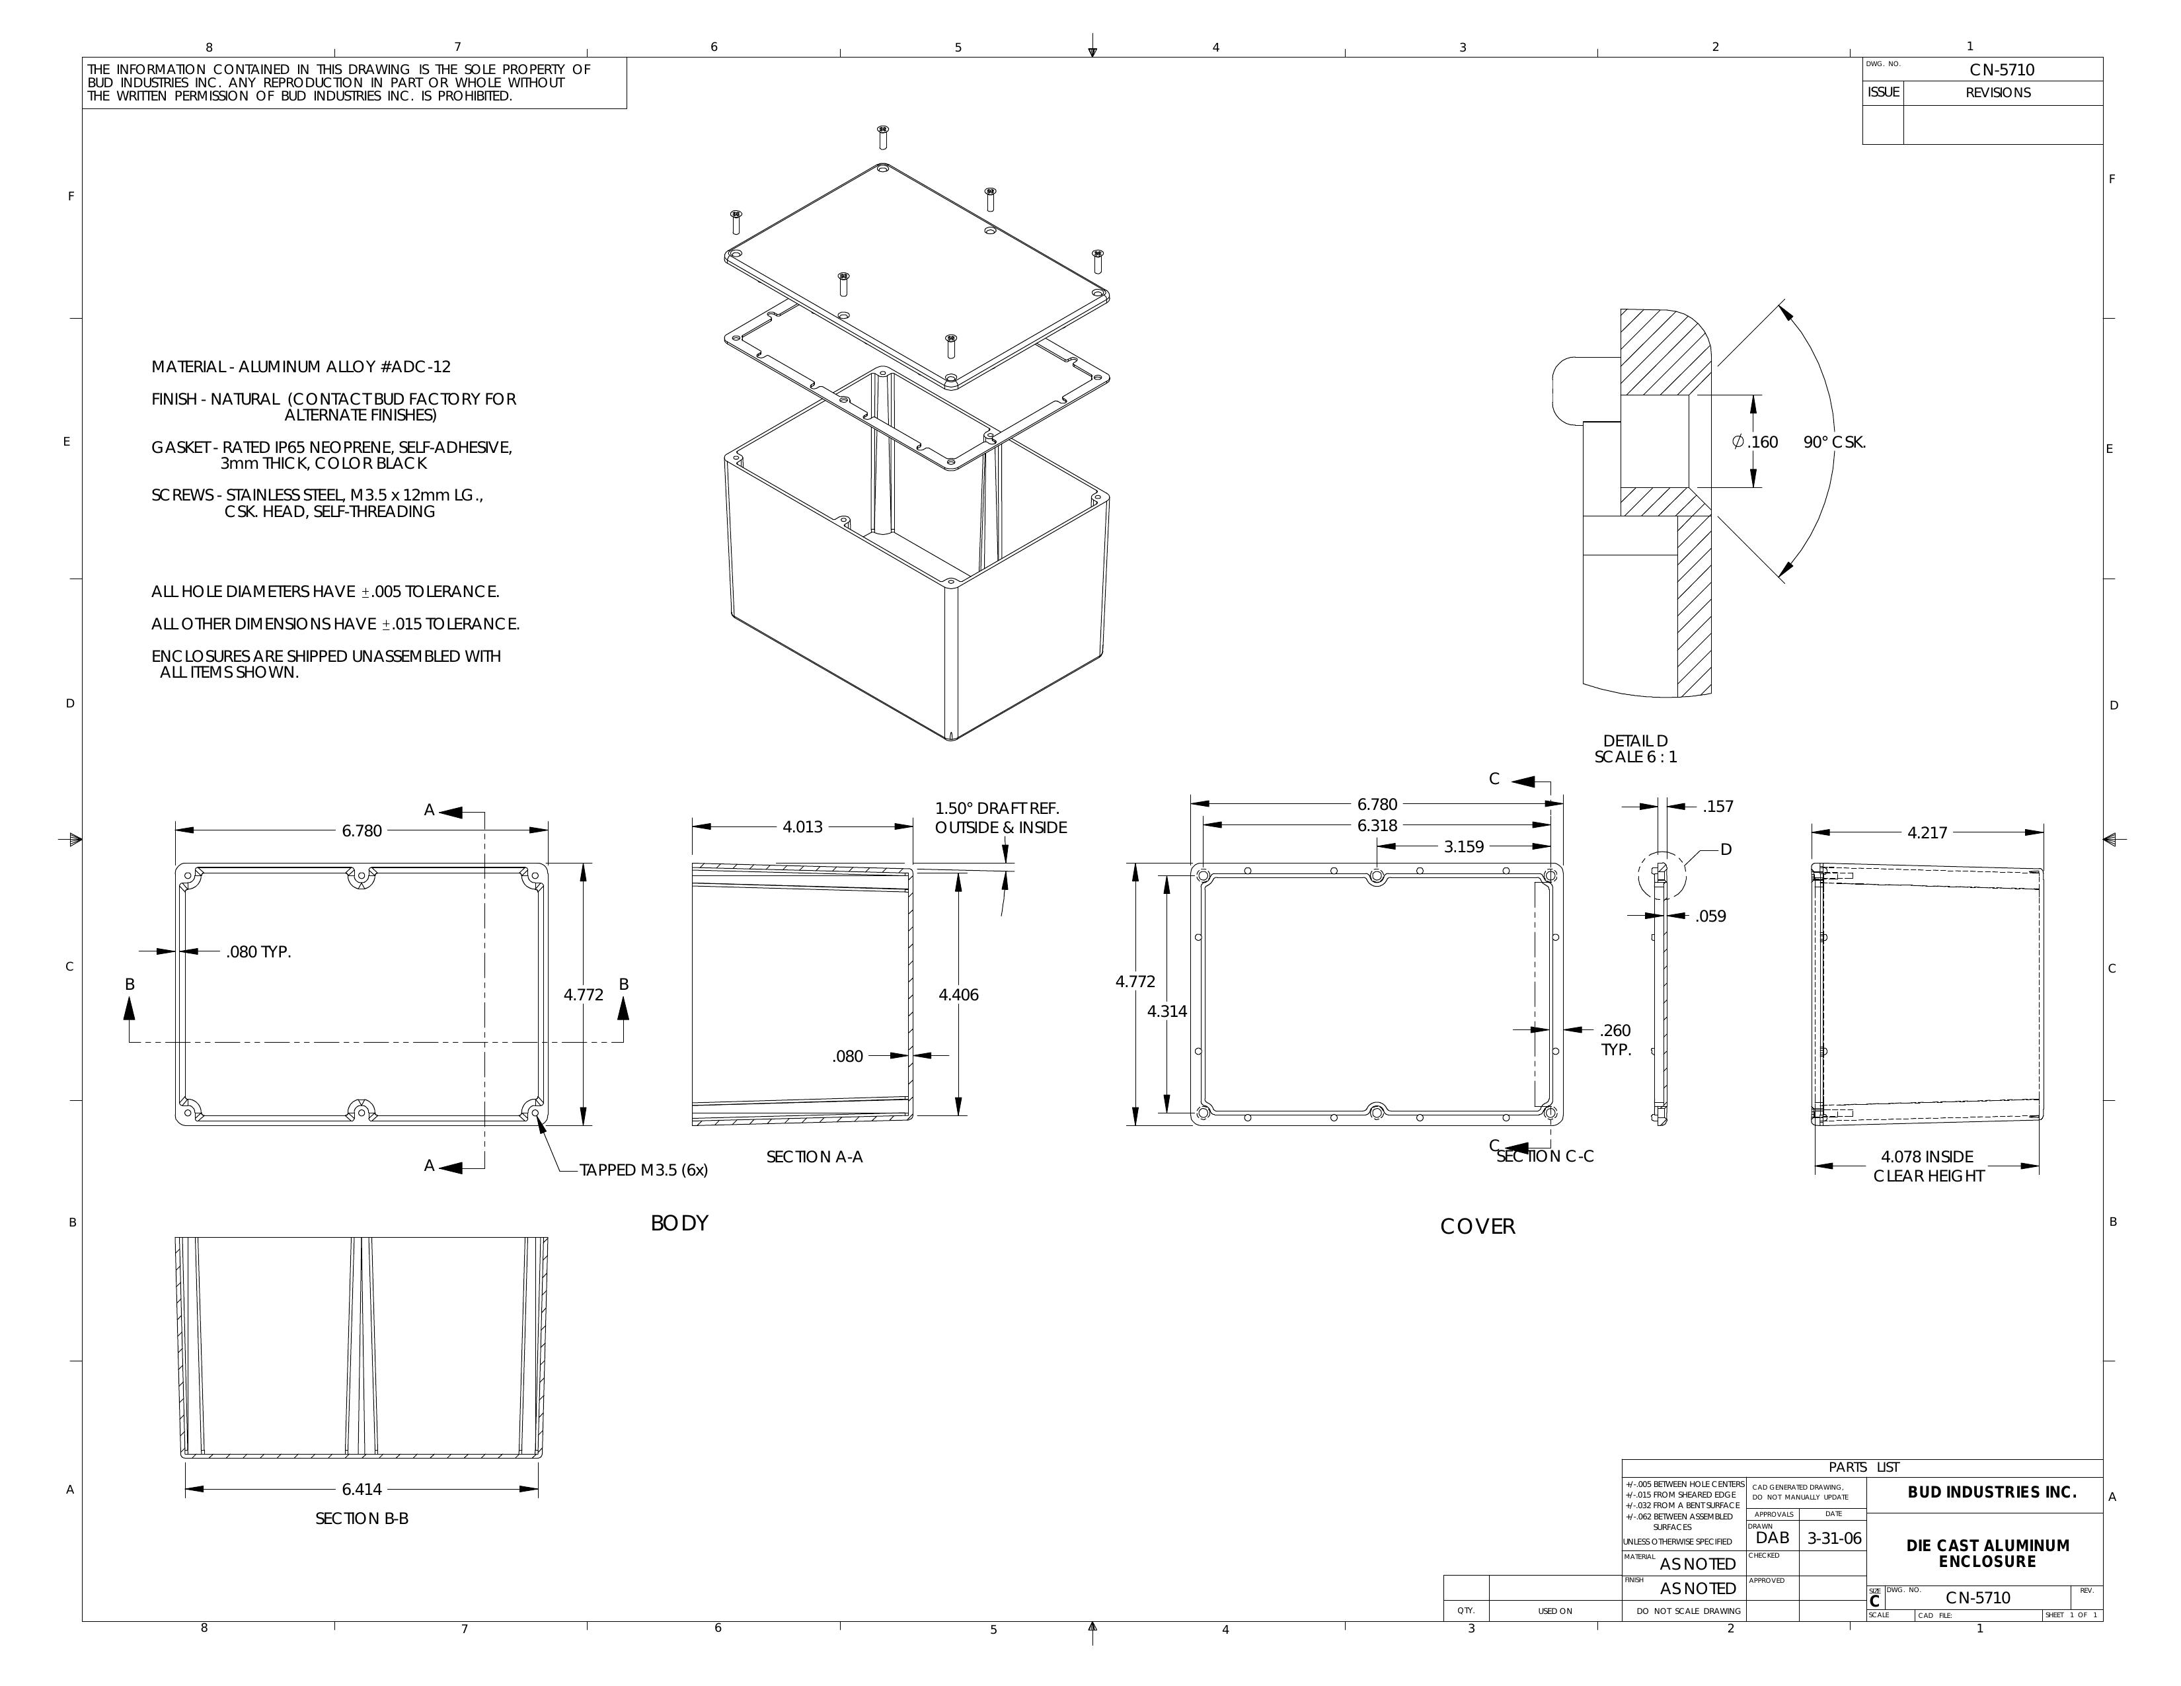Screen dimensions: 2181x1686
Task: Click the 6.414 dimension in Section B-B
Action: pos(362,1489)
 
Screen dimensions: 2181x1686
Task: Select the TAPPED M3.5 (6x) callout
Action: pos(643,1170)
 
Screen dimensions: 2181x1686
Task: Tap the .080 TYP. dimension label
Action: pos(258,952)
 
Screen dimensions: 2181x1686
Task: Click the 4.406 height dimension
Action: pos(959,995)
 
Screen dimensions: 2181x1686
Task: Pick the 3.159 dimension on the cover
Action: pos(1464,847)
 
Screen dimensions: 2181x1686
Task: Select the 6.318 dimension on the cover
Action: pos(1377,826)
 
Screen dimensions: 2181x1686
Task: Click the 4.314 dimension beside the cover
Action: pos(1167,1011)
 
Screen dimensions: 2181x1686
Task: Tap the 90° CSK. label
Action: pos(1835,442)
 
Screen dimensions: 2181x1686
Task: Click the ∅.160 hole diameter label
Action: pos(1755,442)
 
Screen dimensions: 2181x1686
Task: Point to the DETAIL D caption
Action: pos(1636,741)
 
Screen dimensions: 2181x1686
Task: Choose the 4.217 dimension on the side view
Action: pos(1927,833)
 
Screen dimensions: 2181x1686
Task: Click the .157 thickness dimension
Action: pos(1718,807)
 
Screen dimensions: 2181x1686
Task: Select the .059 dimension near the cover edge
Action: pos(1710,916)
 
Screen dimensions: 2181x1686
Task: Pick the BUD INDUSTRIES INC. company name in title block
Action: pos(1991,1492)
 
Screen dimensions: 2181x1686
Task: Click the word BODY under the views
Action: pos(679,1224)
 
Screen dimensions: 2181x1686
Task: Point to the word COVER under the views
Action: pos(1477,1226)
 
